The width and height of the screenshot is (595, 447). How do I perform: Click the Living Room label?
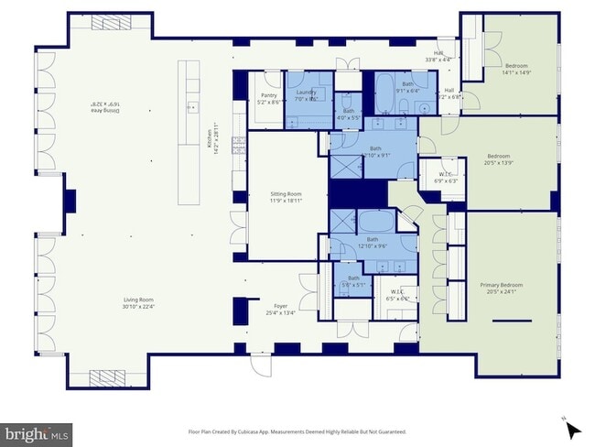click(x=139, y=302)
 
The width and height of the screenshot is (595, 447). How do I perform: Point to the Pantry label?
click(x=268, y=98)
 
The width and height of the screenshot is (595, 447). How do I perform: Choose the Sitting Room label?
click(x=286, y=197)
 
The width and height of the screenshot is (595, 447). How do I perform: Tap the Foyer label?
click(x=280, y=309)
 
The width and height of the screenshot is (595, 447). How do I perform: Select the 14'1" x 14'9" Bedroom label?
click(x=517, y=70)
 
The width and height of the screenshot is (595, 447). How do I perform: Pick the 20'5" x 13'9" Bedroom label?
click(x=499, y=158)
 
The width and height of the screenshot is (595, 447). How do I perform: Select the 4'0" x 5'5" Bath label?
click(x=349, y=114)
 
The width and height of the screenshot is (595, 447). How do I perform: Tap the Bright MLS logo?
click(x=38, y=431)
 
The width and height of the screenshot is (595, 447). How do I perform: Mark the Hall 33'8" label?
click(x=438, y=56)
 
